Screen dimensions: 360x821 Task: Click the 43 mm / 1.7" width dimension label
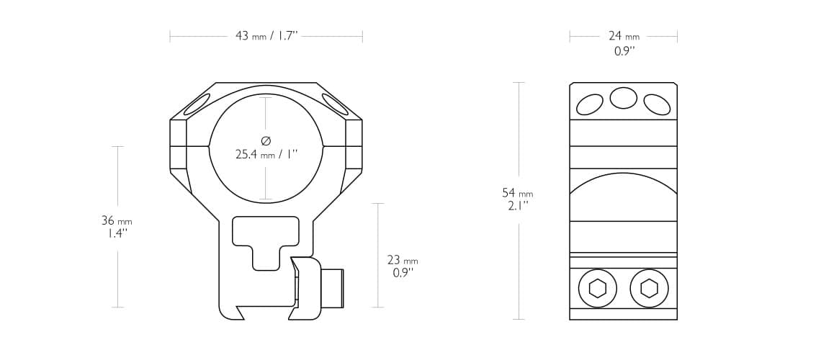click(266, 36)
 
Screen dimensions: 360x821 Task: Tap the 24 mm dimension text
click(623, 36)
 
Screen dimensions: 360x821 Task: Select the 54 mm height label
click(517, 193)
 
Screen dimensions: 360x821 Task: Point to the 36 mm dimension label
click(117, 220)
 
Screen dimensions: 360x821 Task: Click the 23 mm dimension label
click(402, 260)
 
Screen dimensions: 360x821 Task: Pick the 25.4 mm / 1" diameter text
click(266, 153)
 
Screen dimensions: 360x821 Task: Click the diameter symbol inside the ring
click(266, 140)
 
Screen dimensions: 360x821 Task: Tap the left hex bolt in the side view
click(597, 289)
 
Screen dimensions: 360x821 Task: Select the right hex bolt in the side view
click(649, 289)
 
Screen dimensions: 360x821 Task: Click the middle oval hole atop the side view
click(624, 97)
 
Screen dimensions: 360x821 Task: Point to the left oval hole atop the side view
click(591, 105)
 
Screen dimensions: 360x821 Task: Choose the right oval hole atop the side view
click(657, 105)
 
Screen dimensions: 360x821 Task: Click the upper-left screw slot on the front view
click(197, 105)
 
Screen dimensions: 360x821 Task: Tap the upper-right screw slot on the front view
click(335, 105)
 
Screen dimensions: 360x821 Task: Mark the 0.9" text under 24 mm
click(624, 51)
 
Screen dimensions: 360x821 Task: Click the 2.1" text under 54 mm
click(517, 205)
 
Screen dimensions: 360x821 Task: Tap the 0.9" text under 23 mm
click(403, 273)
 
